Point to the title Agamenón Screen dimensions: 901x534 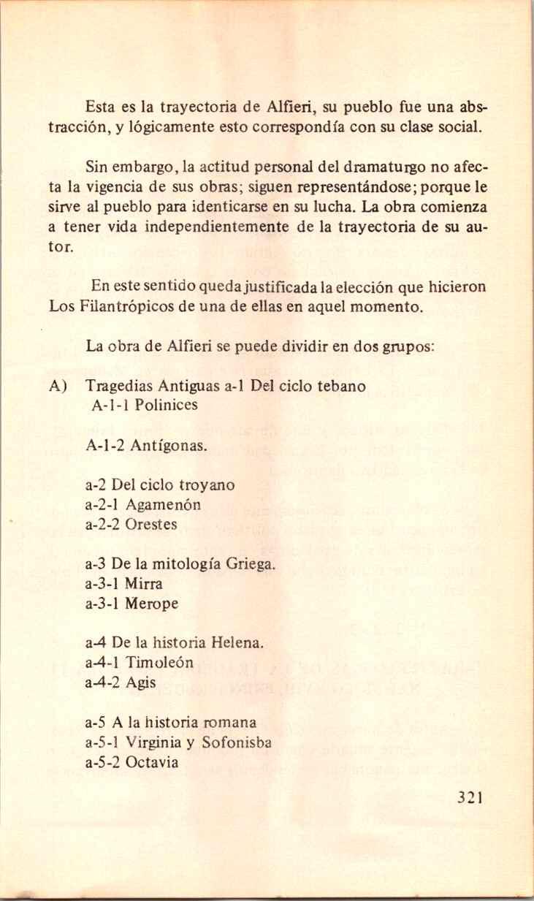click(x=163, y=504)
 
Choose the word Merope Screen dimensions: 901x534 click(x=152, y=604)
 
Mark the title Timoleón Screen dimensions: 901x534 click(x=160, y=664)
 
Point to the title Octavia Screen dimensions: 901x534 click(x=152, y=763)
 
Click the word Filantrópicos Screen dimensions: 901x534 click(x=118, y=307)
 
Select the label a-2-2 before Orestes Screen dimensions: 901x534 click(x=102, y=525)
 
